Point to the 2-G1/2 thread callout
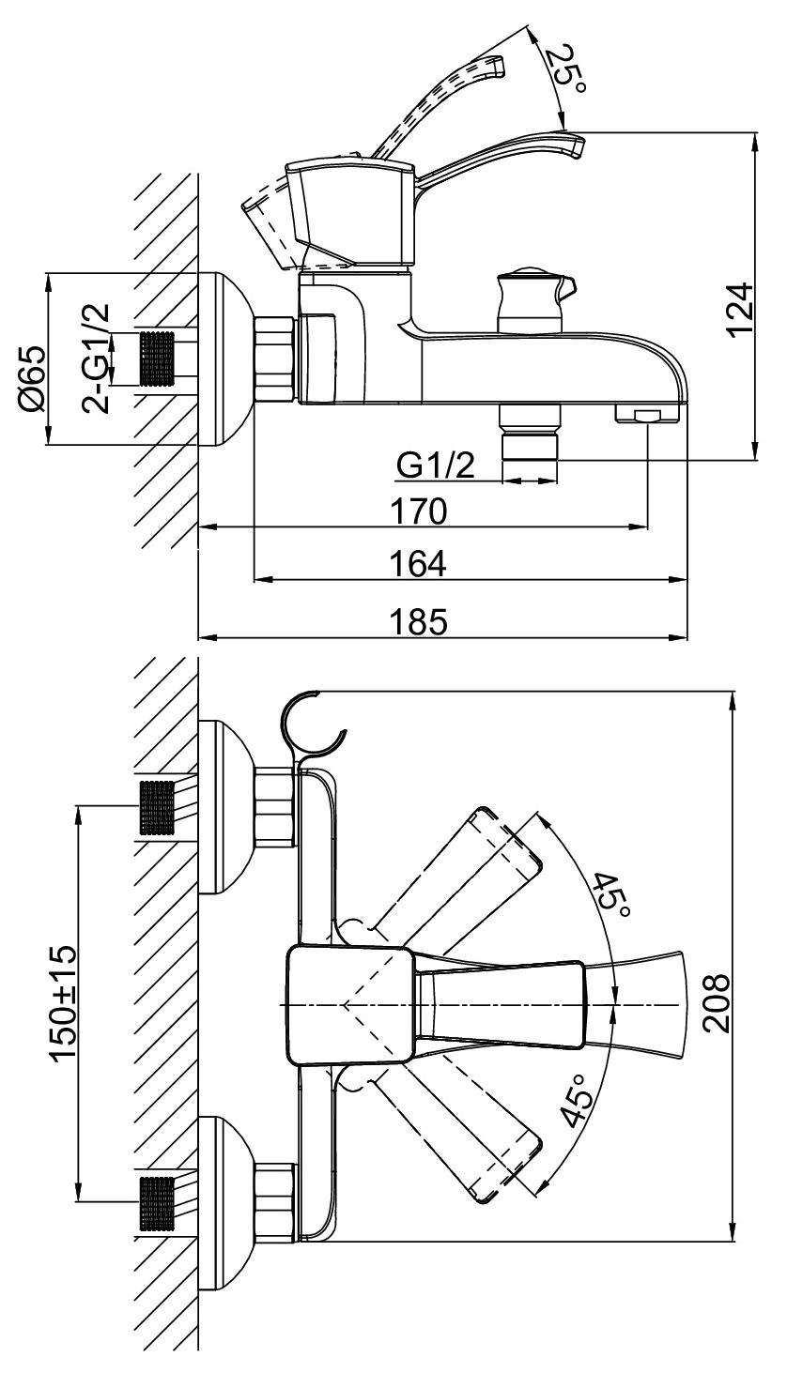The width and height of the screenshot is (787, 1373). (96, 359)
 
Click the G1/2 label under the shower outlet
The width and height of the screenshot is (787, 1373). (436, 465)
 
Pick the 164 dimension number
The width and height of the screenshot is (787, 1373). (419, 563)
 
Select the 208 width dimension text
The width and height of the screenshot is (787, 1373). (716, 1003)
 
